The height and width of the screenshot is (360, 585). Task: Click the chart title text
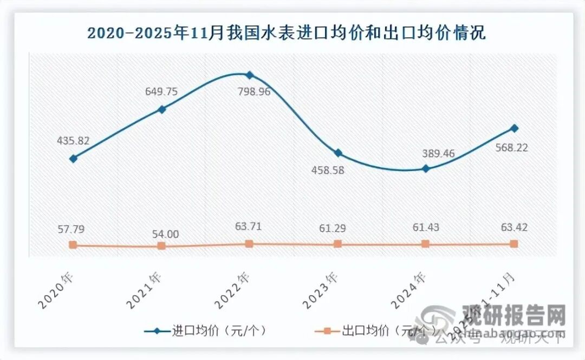pos(287,34)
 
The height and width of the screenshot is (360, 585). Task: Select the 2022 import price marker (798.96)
pos(249,75)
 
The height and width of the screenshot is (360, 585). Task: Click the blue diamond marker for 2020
pos(73,159)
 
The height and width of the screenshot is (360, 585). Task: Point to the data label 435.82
pos(73,141)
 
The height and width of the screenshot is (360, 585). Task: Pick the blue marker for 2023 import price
pos(337,153)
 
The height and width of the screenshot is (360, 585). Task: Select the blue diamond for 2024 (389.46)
pos(426,168)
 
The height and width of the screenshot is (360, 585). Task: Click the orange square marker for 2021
pos(161,246)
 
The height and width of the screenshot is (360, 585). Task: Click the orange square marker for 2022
pos(249,244)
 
